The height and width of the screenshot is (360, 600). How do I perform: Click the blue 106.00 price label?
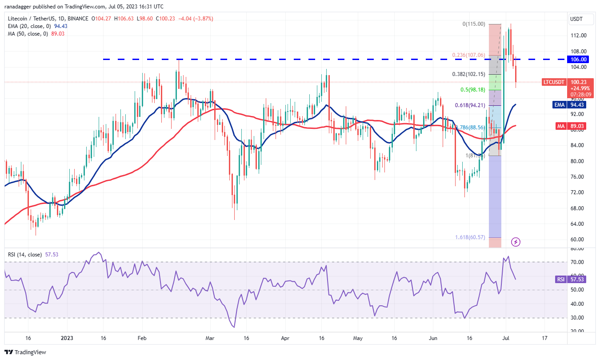pyautogui.click(x=580, y=59)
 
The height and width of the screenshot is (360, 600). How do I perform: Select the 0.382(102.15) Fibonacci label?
pyautogui.click(x=470, y=74)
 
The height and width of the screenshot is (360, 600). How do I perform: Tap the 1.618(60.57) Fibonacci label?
pyautogui.click(x=470, y=237)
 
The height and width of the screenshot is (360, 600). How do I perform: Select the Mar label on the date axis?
pyautogui.click(x=210, y=338)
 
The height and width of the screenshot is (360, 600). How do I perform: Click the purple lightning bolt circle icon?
pyautogui.click(x=516, y=242)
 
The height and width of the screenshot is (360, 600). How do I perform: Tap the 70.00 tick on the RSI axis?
pyautogui.click(x=578, y=262)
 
